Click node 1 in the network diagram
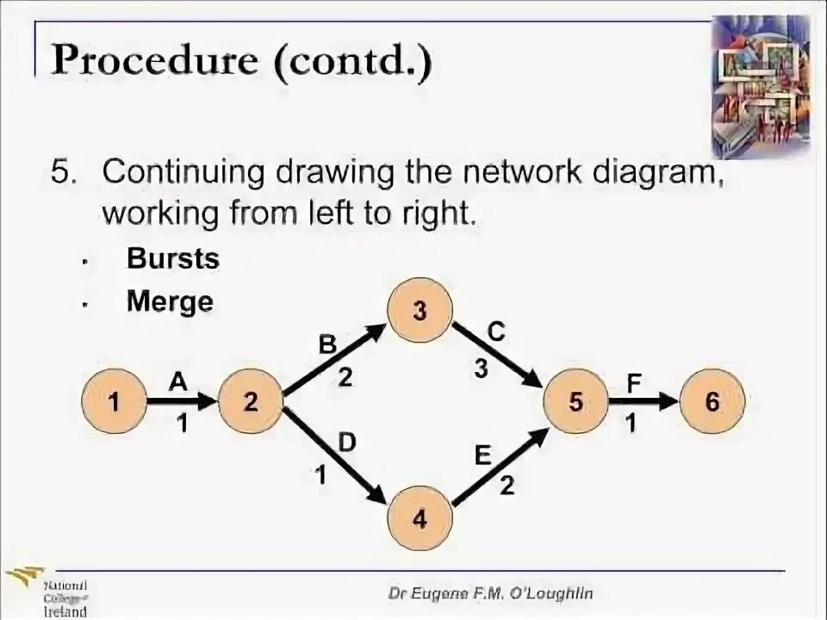pos(114,401)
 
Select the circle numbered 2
pos(251,401)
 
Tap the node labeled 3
pos(420,311)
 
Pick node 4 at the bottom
pos(420,519)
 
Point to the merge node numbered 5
pos(575,401)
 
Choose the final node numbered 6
pos(712,401)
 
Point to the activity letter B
pos(328,345)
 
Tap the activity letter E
pos(482,454)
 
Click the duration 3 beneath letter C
pos(481,369)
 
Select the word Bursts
pos(173,258)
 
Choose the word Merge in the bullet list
pos(170,301)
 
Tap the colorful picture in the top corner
pos(761,85)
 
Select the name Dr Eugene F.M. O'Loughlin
pos(490,593)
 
